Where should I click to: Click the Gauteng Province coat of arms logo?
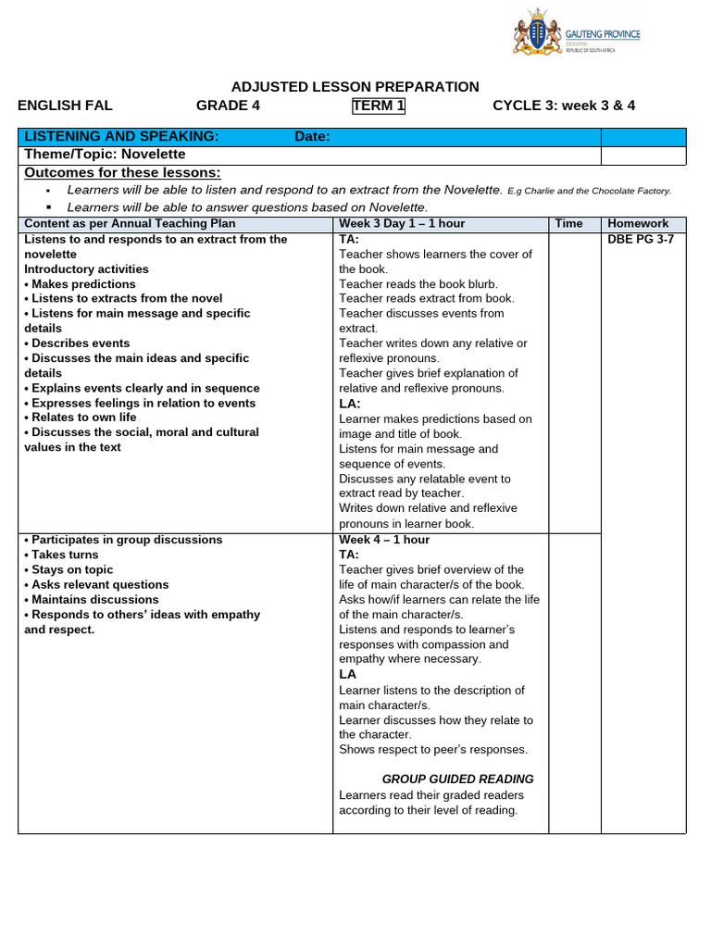pos(538,35)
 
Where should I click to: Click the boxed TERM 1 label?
pos(379,106)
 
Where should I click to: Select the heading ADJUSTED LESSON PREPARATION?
pos(355,87)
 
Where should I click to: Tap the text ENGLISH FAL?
pos(65,106)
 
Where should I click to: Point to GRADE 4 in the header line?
pos(228,106)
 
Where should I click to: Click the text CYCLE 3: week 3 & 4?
pos(564,106)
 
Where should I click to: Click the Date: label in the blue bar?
pos(312,137)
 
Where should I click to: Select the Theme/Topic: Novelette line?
pos(105,154)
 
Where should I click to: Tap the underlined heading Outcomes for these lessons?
pos(122,173)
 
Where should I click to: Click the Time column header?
pos(568,224)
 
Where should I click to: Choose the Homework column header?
pos(638,224)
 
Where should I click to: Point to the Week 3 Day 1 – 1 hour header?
pos(402,224)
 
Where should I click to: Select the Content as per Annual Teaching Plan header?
pos(130,224)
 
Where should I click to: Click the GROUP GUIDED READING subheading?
pos(457,780)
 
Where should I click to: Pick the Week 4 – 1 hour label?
pos(384,540)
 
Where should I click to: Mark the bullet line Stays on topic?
pos(72,569)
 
